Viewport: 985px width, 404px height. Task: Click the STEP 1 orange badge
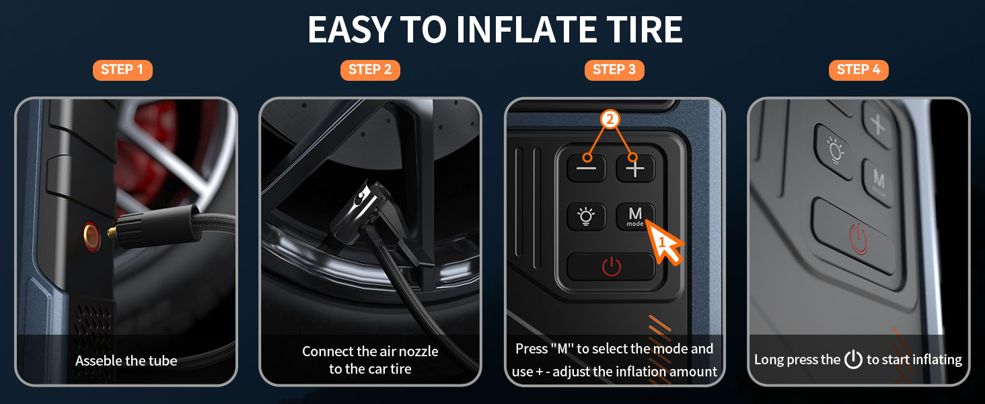122,70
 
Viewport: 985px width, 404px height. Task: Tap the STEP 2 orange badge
369,70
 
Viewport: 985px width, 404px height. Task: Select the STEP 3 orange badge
614,70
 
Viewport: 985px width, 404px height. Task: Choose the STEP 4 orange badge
858,70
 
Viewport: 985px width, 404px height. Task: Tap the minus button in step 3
587,168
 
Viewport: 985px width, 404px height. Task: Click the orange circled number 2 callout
610,120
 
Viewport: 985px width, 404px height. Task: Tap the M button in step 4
879,179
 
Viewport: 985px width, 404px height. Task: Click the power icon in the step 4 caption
853,360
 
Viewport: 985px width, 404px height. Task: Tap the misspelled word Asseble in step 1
97,361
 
